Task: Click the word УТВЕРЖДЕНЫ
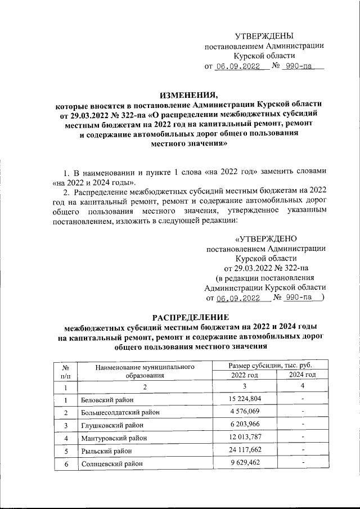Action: click(x=264, y=35)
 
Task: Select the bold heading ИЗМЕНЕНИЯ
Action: click(x=188, y=93)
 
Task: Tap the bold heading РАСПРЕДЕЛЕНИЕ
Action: click(x=188, y=316)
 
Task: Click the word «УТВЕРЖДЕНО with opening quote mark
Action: click(x=265, y=238)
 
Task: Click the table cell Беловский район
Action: click(x=107, y=400)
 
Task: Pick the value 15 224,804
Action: click(x=245, y=400)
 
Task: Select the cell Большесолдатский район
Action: click(x=120, y=412)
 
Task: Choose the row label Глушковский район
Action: click(x=110, y=425)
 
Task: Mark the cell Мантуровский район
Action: click(x=112, y=438)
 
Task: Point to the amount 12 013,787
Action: click(x=245, y=438)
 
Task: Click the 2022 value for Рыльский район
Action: click(x=245, y=451)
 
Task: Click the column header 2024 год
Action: click(x=302, y=375)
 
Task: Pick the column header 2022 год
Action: click(x=245, y=375)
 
